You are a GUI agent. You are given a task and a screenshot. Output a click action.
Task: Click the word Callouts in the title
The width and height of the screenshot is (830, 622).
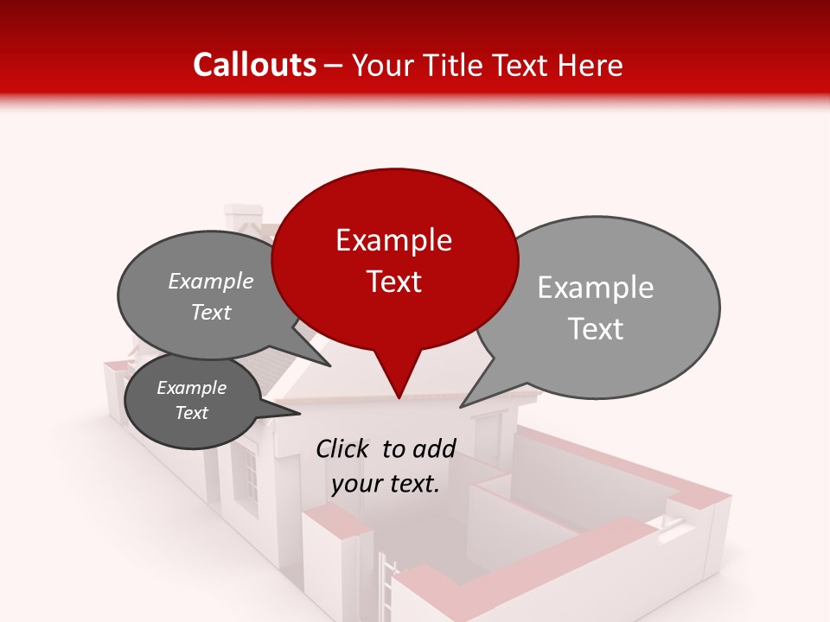[254, 65]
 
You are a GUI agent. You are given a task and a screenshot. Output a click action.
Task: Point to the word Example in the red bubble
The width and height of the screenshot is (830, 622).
[393, 240]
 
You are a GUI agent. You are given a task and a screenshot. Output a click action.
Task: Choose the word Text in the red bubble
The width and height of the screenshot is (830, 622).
[393, 282]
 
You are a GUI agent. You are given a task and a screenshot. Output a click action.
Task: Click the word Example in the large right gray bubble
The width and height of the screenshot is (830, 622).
[596, 288]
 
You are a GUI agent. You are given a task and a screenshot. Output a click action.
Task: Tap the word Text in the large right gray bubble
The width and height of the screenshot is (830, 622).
[596, 329]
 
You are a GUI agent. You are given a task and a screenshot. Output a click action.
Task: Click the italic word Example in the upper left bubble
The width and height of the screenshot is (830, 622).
[210, 282]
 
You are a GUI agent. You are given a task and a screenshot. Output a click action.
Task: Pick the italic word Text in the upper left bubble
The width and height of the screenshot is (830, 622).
[210, 313]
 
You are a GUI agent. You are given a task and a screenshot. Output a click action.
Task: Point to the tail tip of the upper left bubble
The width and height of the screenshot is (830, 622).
[330, 365]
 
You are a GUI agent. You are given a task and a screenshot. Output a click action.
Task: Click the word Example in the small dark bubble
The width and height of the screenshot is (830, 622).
[191, 388]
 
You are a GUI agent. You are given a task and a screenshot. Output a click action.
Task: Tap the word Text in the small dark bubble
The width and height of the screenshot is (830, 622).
[191, 413]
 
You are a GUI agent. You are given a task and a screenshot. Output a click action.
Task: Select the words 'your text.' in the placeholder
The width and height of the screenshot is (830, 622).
[386, 484]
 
